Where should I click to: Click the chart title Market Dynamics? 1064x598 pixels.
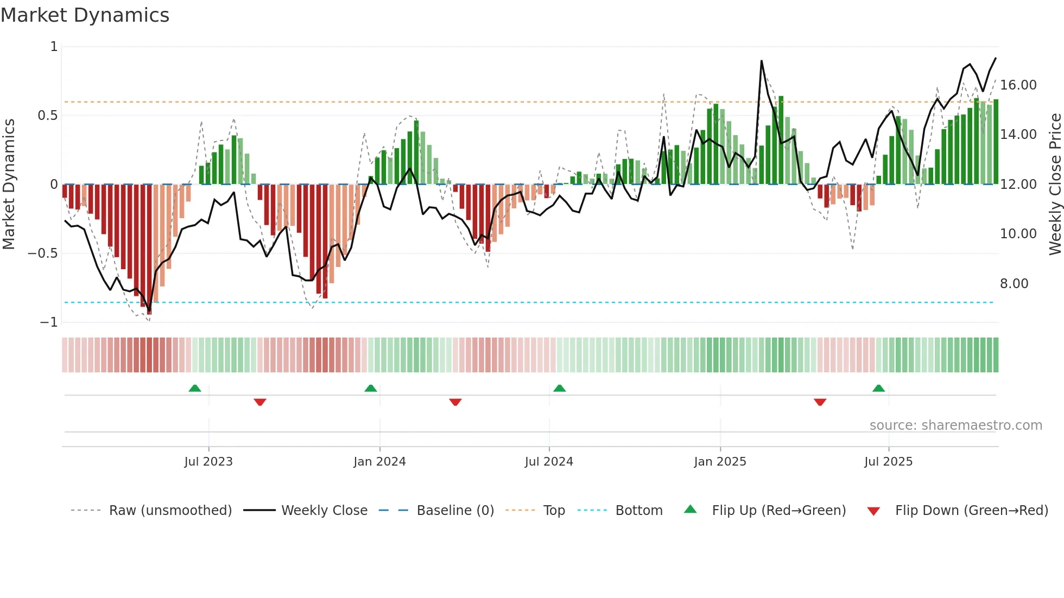pos(85,15)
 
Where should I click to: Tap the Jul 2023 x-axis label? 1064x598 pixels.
pos(208,462)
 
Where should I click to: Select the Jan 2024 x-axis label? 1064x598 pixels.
pos(379,462)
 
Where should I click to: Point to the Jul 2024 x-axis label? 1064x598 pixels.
pos(549,462)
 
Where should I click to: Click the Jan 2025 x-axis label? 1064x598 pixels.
pos(720,462)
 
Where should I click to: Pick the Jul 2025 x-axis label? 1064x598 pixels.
pos(888,462)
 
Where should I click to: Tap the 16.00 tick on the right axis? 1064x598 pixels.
pos(1018,85)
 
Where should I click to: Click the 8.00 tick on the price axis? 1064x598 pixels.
pos(1014,284)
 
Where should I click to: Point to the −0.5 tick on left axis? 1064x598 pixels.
pos(42,253)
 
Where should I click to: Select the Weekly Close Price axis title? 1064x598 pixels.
pos(1055,184)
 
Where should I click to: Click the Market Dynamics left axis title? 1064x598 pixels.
pos(9,184)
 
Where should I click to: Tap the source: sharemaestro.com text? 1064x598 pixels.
pos(955,425)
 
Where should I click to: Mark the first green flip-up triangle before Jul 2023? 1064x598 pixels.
pos(195,388)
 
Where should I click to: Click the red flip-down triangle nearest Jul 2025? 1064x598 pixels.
pos(820,402)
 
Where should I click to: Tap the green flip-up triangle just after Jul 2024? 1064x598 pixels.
pos(559,388)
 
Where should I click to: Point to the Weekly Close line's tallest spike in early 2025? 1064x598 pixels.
pos(762,61)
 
